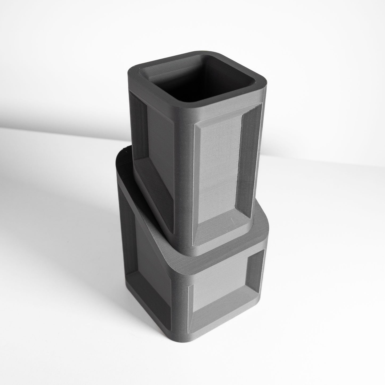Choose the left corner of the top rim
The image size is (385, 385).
(x=133, y=69)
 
